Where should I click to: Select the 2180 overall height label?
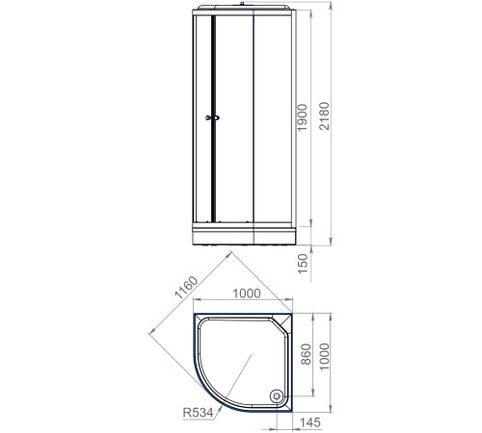click(334, 120)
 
